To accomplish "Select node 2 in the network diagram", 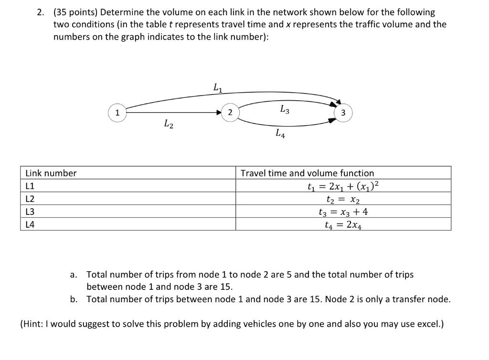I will point(230,113).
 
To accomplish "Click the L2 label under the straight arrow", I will point(168,125).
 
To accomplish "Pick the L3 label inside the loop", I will point(284,110).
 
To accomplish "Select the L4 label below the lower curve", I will point(280,134).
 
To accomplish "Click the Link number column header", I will point(51,173).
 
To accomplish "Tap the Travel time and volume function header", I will point(307,173).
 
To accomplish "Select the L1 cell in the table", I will point(30,186).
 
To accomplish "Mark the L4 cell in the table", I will point(30,224).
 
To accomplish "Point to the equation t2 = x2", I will point(343,199).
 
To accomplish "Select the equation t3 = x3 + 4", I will point(343,212).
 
